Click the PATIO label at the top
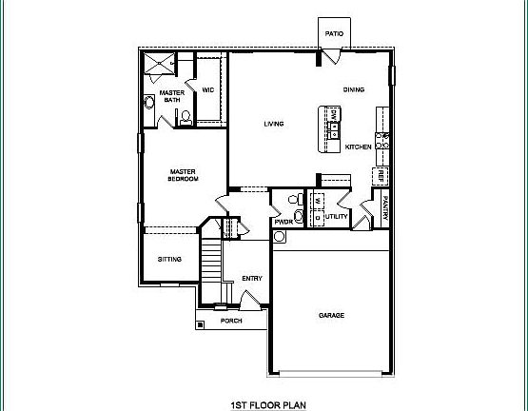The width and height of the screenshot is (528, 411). pos(333,33)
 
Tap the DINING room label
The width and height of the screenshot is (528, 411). pos(353,90)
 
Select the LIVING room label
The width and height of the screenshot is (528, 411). pos(275,124)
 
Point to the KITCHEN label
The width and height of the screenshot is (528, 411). pos(358,147)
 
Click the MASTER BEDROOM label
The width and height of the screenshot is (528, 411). pos(183,175)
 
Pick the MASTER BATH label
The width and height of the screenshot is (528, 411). pos(171,96)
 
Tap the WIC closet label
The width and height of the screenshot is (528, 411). pos(208,91)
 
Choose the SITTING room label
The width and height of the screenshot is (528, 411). pos(169,260)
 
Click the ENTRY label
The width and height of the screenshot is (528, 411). pos(251,278)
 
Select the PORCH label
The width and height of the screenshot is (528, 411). pos(231,321)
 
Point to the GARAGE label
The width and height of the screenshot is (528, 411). pos(331,315)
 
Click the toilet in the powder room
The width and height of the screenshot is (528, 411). pos(299,218)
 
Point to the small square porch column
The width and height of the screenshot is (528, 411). pos(200,325)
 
